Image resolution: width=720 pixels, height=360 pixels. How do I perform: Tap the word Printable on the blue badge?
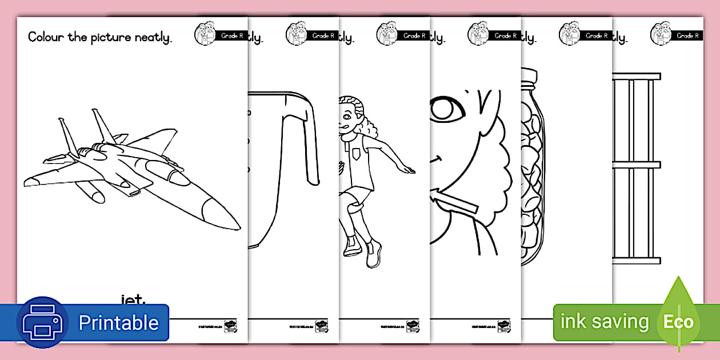(x=118, y=323)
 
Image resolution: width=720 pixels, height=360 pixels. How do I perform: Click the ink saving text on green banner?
(x=605, y=322)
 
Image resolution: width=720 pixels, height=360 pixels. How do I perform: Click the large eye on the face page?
(x=448, y=109)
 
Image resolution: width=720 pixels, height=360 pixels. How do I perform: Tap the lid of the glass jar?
(x=528, y=76)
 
